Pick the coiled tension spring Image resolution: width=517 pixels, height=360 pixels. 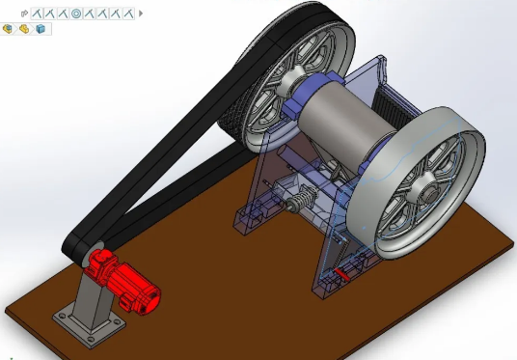coord(300,204)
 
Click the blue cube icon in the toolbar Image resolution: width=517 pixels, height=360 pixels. coord(40,29)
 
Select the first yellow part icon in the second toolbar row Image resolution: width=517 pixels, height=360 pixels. coord(8,29)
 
